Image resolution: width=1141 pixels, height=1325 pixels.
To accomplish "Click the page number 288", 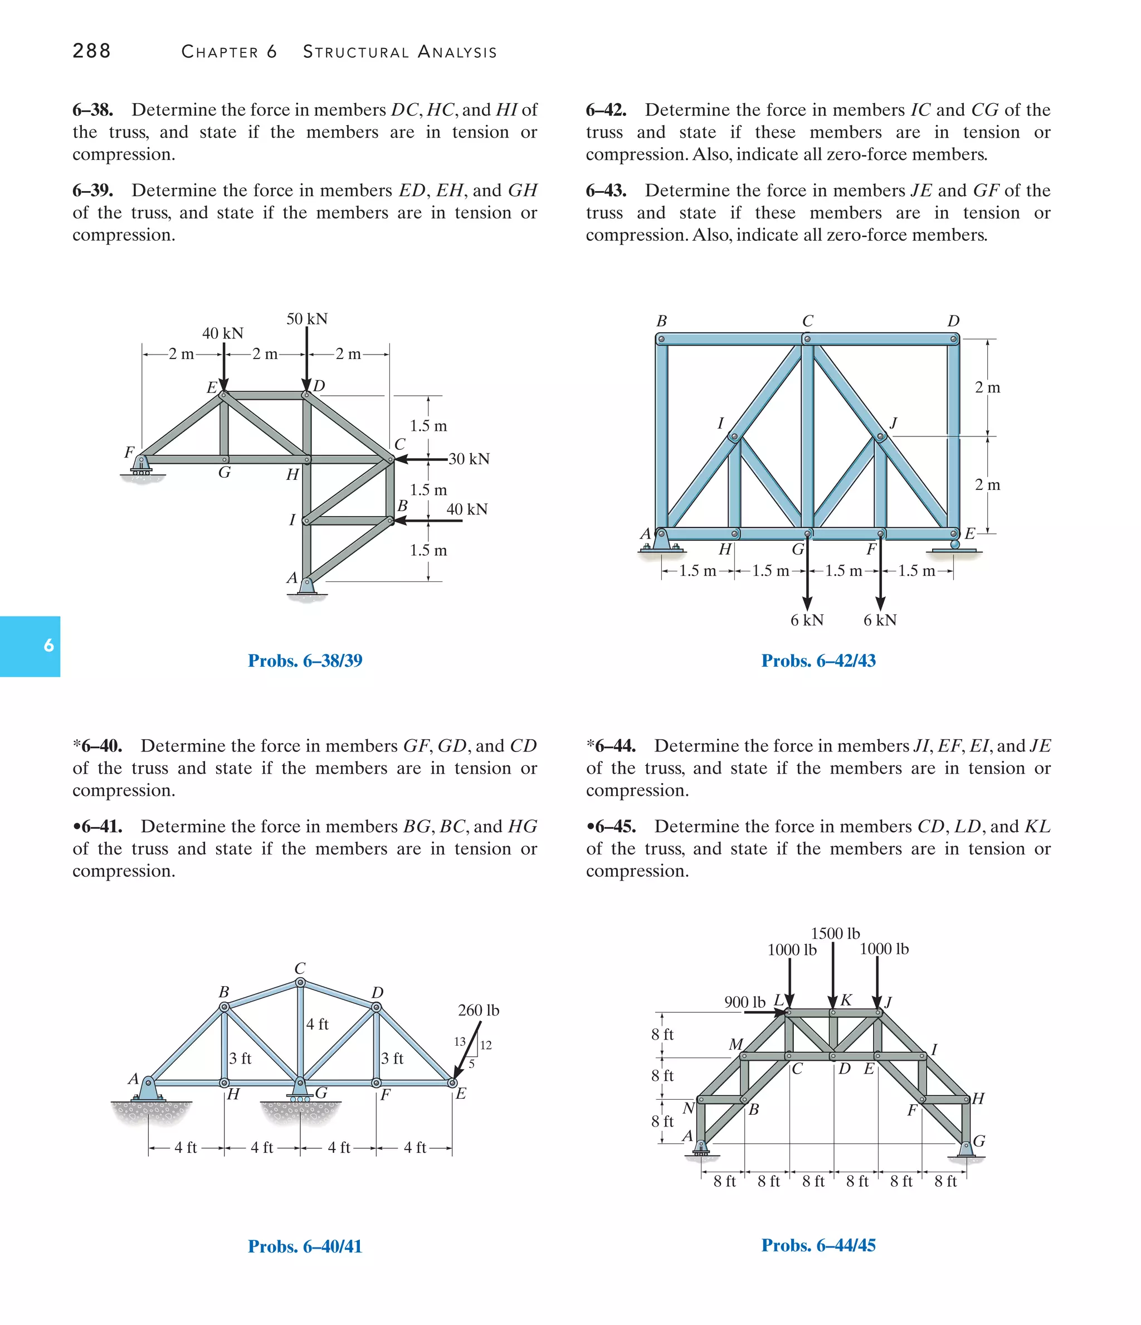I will tap(91, 51).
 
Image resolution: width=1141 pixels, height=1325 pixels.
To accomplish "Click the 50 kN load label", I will tap(307, 318).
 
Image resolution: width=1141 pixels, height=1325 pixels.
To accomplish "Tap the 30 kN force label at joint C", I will tap(469, 459).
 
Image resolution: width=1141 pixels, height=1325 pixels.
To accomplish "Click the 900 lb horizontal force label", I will tap(744, 1002).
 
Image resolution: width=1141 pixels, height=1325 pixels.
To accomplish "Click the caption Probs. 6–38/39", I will tap(305, 661).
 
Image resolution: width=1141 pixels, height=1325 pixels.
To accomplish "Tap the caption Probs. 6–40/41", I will tap(305, 1246).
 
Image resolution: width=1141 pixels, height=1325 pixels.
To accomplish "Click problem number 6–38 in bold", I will tap(92, 110).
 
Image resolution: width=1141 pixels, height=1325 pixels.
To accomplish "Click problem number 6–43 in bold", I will tap(606, 191).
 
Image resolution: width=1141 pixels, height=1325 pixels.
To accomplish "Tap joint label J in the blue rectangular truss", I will tap(893, 423).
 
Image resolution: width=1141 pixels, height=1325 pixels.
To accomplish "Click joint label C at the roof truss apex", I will tap(300, 968).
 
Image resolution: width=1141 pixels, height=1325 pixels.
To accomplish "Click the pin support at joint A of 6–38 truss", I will tap(307, 588).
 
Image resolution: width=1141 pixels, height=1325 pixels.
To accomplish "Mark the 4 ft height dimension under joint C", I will tap(317, 1024).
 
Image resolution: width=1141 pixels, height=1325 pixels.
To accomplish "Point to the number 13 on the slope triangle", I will tap(460, 1042).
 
